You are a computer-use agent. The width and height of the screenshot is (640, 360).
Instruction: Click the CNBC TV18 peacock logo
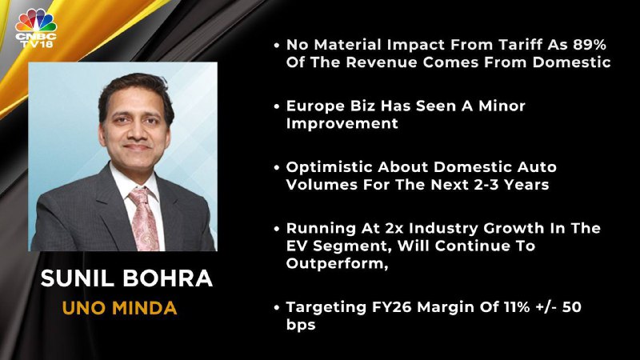tap(36, 28)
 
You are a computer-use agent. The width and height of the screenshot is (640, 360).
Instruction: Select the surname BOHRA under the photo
tap(168, 278)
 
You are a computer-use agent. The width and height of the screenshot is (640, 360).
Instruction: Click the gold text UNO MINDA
tap(119, 308)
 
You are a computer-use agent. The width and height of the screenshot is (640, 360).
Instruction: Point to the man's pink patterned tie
tap(144, 218)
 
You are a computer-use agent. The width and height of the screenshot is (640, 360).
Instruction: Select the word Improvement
tap(342, 124)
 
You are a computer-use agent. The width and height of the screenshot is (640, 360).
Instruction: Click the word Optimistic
tap(329, 167)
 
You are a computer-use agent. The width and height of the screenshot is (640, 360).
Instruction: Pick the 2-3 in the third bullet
tap(486, 185)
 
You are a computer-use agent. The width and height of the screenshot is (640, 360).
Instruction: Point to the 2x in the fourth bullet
tap(394, 228)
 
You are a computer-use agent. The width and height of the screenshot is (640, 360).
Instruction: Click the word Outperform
tap(334, 264)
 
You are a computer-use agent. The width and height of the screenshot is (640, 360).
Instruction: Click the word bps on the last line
tap(301, 325)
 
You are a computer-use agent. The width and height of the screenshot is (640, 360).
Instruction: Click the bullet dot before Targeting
tap(277, 307)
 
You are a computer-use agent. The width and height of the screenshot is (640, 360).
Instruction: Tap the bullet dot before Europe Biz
tap(277, 106)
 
